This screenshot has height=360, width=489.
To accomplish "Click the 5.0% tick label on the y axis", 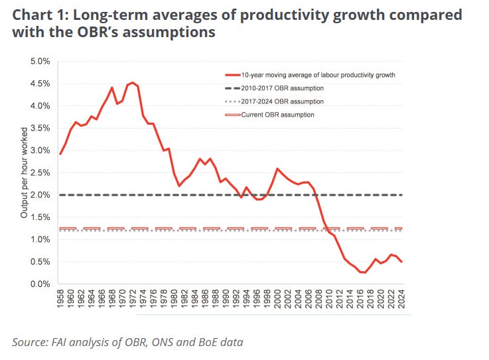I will pos(40,62).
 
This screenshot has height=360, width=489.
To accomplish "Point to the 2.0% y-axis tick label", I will pos(40,195).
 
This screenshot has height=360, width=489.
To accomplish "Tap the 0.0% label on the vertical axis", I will pos(40,284).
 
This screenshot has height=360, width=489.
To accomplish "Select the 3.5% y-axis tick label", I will pos(40,129).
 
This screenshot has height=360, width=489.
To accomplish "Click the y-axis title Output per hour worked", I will pos(25,174).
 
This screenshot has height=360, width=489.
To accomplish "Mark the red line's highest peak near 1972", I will pos(133,82).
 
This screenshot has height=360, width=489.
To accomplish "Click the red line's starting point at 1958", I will pos(60,154).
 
